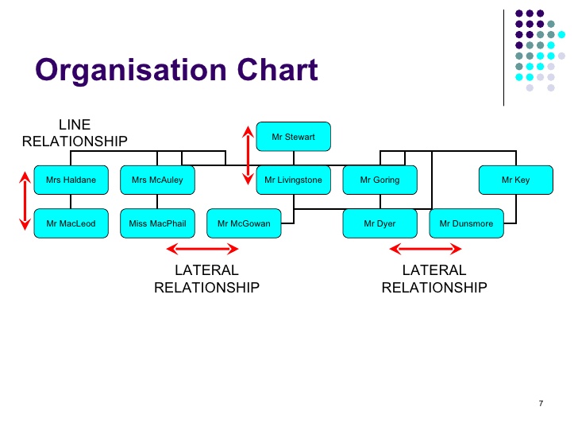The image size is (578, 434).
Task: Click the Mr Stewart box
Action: pos(294,137)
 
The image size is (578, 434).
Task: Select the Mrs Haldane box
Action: pos(71,180)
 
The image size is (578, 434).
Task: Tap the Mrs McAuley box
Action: pos(157,180)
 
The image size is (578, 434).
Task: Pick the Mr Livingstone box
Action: pos(294,180)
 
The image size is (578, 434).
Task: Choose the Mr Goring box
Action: pos(380,180)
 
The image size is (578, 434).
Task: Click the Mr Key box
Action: pos(516,180)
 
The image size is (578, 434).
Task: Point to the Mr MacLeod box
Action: pos(71,223)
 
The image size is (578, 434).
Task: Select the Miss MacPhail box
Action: pos(157,223)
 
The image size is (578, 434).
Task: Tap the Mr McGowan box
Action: pos(244,223)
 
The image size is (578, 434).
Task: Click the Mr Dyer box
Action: pos(380,223)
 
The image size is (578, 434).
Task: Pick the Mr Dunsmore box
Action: pos(466,223)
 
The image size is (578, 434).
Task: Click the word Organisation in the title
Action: pos(131,71)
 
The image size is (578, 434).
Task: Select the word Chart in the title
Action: pos(277,69)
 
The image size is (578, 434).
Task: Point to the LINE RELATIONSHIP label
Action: pos(75,133)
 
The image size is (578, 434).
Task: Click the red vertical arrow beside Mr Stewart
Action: pos(248,155)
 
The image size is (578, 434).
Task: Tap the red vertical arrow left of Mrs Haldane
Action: pos(25,201)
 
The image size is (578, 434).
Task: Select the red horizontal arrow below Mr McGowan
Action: pos(202,249)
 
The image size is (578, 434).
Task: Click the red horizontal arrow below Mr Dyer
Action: pos(426,249)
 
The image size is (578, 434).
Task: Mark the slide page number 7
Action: pos(541,403)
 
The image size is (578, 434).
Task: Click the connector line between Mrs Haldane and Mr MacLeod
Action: pos(71,202)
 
